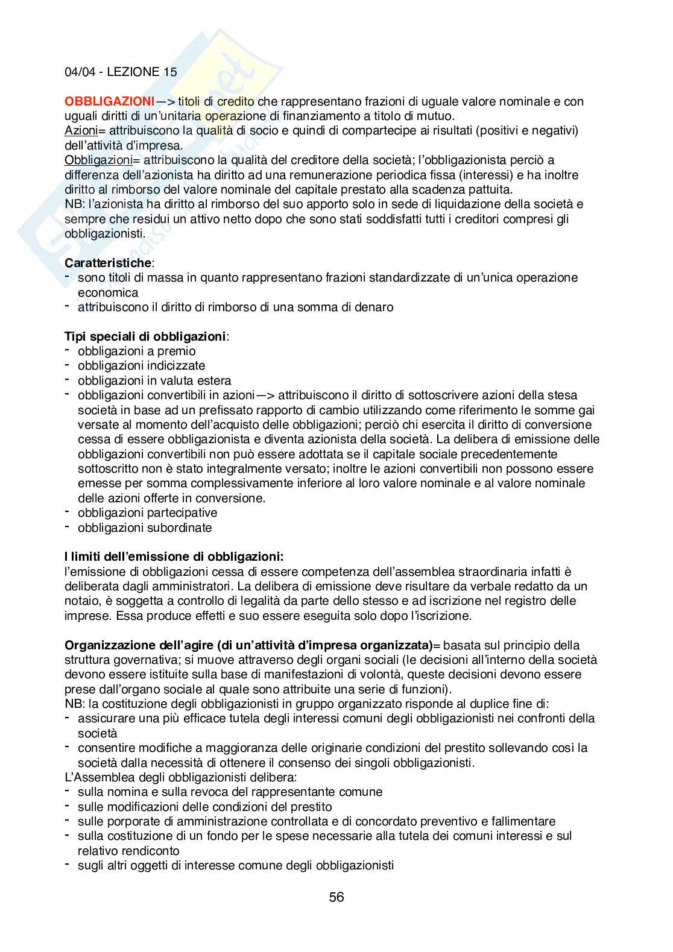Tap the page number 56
[336, 897]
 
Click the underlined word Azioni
[80, 131]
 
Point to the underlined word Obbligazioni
[98, 160]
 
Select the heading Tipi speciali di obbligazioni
[145, 336]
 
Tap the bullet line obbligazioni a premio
[136, 351]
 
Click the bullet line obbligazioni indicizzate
[141, 365]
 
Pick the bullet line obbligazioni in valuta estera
[154, 380]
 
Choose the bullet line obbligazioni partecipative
[147, 512]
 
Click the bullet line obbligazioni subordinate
[145, 528]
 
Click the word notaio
[81, 601]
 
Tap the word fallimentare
[522, 821]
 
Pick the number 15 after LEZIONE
[170, 72]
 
